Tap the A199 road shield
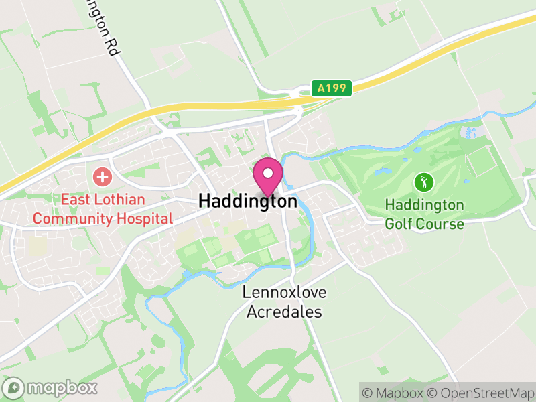[331, 88]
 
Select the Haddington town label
[248, 201]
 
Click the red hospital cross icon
[102, 178]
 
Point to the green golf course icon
[423, 182]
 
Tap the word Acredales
[284, 312]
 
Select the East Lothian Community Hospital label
[103, 209]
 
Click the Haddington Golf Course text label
[424, 214]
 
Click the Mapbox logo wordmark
[61, 387]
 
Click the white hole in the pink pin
[268, 173]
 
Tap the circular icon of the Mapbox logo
[14, 387]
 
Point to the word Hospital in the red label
[145, 218]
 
